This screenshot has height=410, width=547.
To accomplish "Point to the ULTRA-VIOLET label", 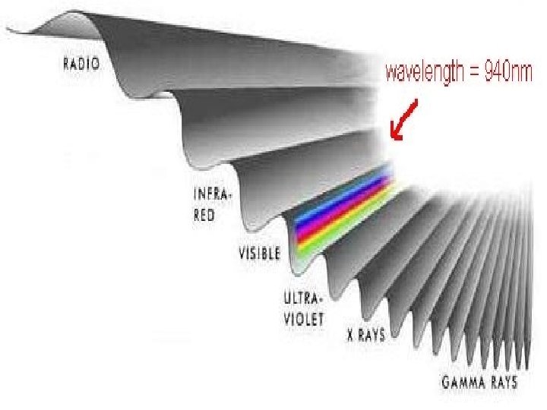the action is point(303,309).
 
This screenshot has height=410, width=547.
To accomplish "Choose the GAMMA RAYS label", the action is point(479,380).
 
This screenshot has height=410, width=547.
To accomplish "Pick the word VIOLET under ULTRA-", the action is point(303,319).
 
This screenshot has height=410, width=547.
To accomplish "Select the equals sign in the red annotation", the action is point(470,74).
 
